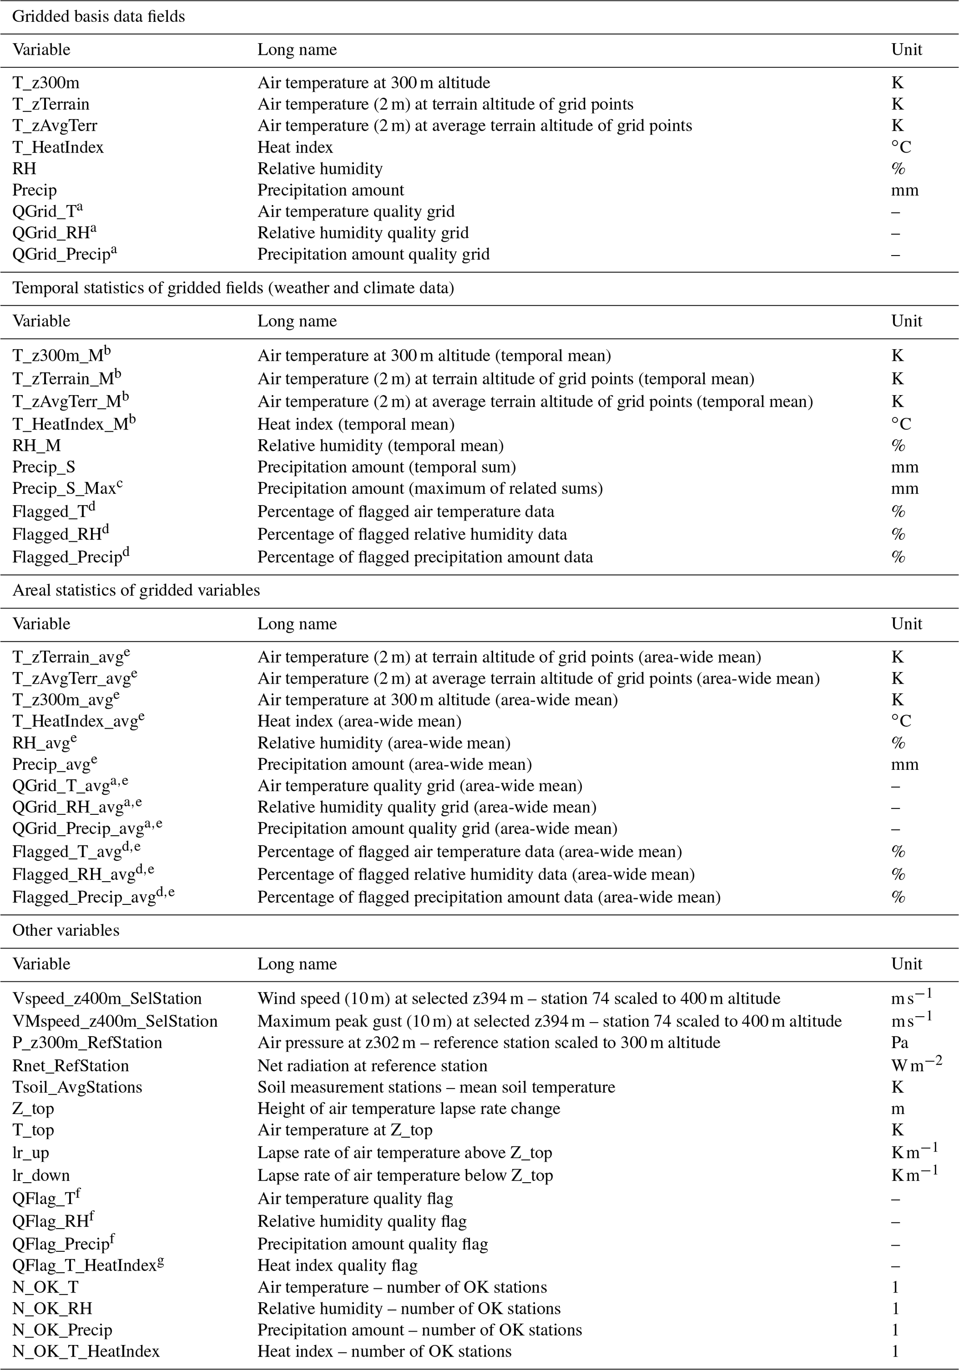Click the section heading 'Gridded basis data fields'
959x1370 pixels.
coord(98,16)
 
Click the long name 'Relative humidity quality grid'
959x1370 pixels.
coord(363,233)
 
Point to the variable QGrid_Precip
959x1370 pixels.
coord(64,254)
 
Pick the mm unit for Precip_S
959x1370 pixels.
coord(905,467)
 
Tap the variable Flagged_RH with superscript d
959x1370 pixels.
coord(60,534)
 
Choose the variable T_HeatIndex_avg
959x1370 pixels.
coord(78,721)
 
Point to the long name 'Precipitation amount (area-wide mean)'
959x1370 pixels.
coord(394,764)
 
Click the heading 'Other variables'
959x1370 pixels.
coord(65,931)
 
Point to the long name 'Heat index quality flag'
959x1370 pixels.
coord(337,1266)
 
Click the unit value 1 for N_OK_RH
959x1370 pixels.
coord(895,1308)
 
